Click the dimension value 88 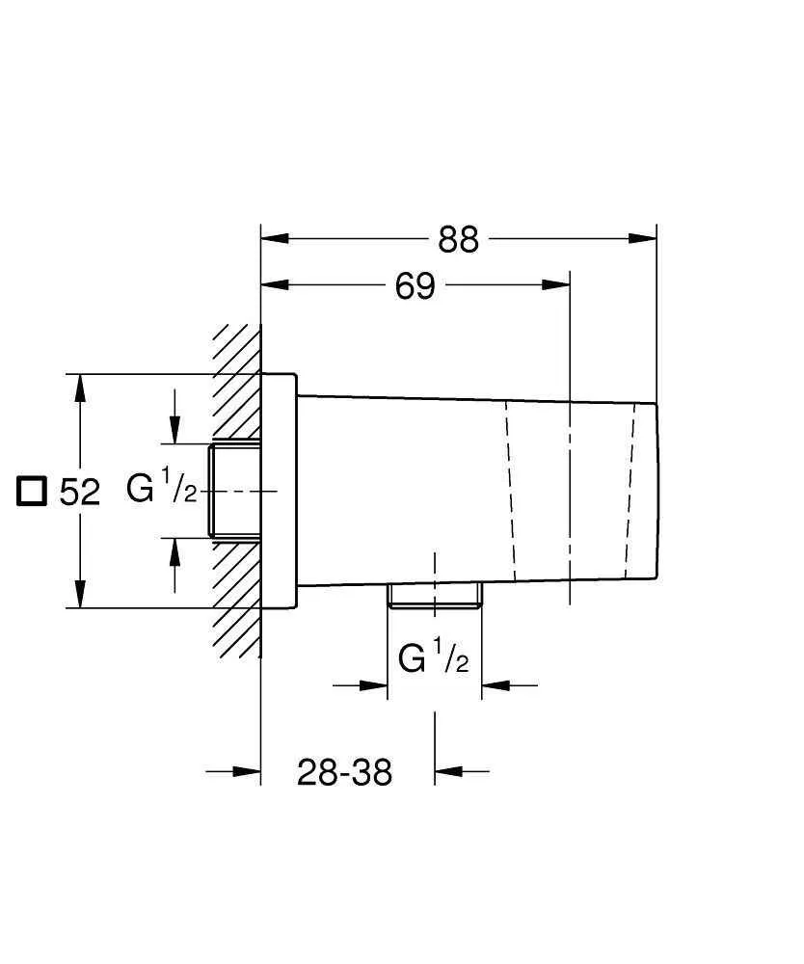458,240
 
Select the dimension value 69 415,286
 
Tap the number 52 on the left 80,493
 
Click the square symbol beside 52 32,491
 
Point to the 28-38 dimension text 344,772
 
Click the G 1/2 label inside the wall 162,490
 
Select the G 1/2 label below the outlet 434,660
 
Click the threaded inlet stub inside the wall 234,490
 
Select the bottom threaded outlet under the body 434,596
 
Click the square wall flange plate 279,491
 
